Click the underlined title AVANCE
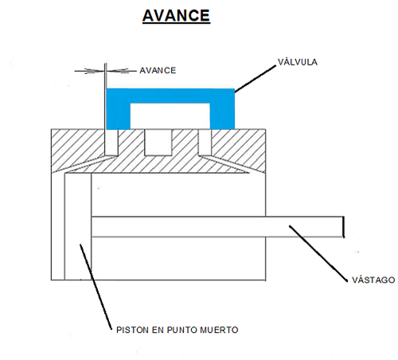pos(176,15)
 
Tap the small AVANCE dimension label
pos(158,70)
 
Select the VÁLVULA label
pos(298,62)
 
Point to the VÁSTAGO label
pos(373,280)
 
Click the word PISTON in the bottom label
pos(132,330)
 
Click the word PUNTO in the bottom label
pos(181,330)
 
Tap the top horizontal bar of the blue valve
pos(170,96)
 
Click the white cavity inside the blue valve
pos(170,116)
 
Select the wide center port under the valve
pos(158,143)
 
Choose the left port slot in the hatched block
pos(111,143)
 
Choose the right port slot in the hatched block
pos(205,143)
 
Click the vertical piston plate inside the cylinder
pos(78,226)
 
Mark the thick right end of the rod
pos(343,227)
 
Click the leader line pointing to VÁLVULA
pos(256,79)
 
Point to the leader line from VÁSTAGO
pos(318,253)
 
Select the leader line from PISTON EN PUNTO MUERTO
pos(96,287)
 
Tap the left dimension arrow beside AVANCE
pos(89,71)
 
